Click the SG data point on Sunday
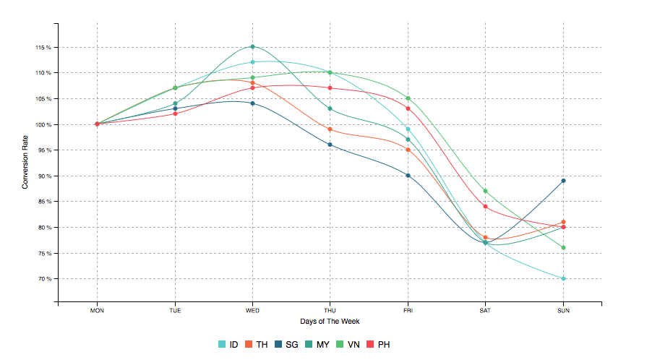[563, 181]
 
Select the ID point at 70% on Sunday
[563, 278]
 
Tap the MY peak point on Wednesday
[252, 47]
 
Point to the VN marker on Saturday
[486, 191]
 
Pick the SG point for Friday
[408, 176]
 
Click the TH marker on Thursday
[330, 129]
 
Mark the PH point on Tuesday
[175, 113]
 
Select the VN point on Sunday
[563, 248]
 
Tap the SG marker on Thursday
[330, 145]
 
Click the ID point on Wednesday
[252, 62]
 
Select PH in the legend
[379, 345]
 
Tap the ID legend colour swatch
[223, 345]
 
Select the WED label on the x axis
[252, 311]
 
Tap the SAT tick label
[485, 311]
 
